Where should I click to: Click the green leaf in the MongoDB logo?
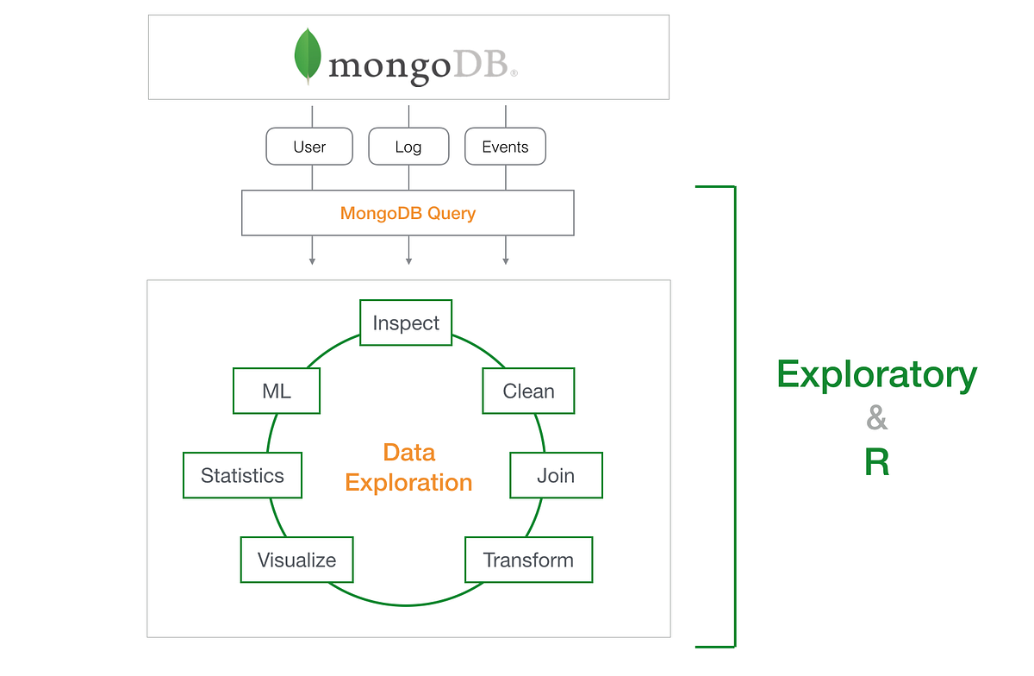tap(308, 54)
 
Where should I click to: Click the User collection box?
tap(309, 147)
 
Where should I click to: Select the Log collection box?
tap(408, 147)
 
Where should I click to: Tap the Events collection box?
tap(505, 147)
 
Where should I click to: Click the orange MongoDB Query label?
tap(408, 213)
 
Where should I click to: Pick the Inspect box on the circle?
tap(406, 323)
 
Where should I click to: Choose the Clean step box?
tap(528, 391)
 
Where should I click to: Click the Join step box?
tap(556, 475)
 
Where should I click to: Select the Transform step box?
tap(528, 560)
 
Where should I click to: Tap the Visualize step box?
tap(296, 560)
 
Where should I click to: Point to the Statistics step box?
tap(242, 475)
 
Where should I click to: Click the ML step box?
tap(277, 391)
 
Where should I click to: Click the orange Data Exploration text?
tap(408, 467)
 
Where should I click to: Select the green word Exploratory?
tap(876, 375)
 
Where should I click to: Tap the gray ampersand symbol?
tap(876, 419)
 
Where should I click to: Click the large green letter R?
tap(876, 463)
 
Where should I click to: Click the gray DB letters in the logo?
tap(481, 66)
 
